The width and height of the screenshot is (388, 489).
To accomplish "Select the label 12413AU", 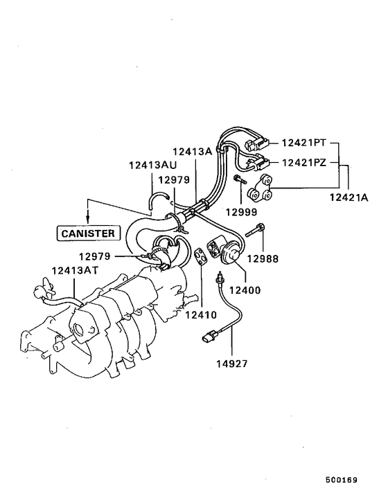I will click(x=152, y=165).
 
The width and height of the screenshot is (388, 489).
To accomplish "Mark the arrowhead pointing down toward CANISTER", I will click(x=89, y=218).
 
